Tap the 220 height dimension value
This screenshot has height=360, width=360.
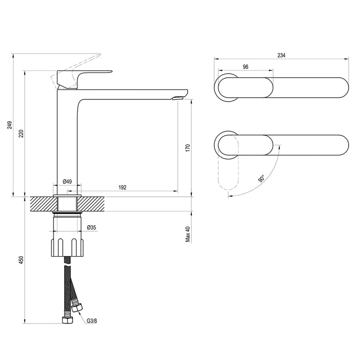tap(21, 133)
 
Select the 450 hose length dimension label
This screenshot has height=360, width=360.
tap(21, 260)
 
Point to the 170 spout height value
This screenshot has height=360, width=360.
tap(188, 148)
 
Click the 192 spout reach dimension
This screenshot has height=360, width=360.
tap(122, 187)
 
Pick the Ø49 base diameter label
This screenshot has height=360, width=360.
tap(67, 182)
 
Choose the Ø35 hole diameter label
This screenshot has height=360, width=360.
tap(92, 227)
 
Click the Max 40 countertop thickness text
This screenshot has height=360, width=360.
tap(188, 234)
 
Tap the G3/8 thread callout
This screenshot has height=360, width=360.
tap(92, 321)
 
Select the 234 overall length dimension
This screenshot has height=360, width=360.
tap(281, 56)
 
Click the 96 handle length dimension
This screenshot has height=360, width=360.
tap(245, 67)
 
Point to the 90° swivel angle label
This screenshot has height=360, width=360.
tap(261, 178)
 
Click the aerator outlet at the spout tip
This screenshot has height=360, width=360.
tap(177, 98)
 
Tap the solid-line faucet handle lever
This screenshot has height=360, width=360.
tap(84, 79)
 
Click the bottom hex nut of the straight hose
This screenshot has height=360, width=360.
tap(68, 320)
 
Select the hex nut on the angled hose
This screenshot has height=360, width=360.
tap(77, 307)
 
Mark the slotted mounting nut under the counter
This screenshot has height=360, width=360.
tap(67, 247)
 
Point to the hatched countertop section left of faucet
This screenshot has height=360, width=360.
tap(44, 204)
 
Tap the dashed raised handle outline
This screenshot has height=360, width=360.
tap(76, 71)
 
